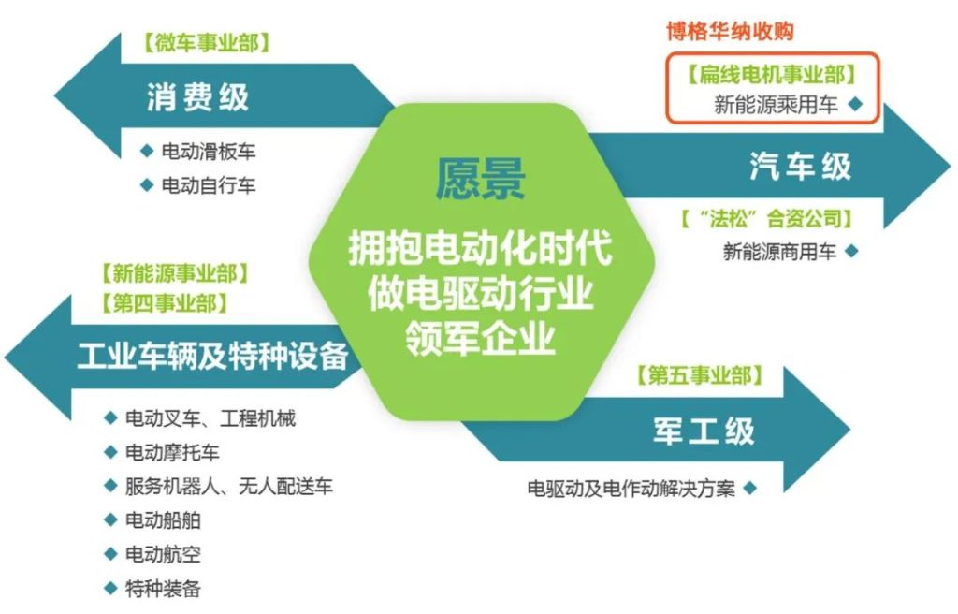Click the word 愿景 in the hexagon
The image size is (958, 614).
tap(480, 178)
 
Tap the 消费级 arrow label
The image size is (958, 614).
tap(198, 97)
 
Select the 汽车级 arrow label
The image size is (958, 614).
tap(801, 167)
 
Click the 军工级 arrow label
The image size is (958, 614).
tap(704, 431)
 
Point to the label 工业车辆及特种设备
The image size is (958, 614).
tap(213, 356)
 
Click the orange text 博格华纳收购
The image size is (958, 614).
tap(730, 31)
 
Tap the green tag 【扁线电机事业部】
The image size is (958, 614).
tap(772, 75)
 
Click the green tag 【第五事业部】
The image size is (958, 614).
tap(700, 375)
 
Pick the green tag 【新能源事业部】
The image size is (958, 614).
tap(175, 273)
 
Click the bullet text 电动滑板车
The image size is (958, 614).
tap(209, 152)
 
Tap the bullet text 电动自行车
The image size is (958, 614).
tap(209, 185)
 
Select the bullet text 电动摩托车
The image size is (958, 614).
tap(172, 453)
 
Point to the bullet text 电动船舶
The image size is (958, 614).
tap(163, 520)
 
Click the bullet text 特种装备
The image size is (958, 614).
tap(163, 589)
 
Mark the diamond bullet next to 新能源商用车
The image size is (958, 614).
tap(851, 251)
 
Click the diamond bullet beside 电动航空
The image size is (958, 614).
tap(110, 554)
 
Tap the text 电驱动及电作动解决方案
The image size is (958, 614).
tap(631, 489)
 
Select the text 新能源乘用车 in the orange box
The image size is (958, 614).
tap(776, 105)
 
